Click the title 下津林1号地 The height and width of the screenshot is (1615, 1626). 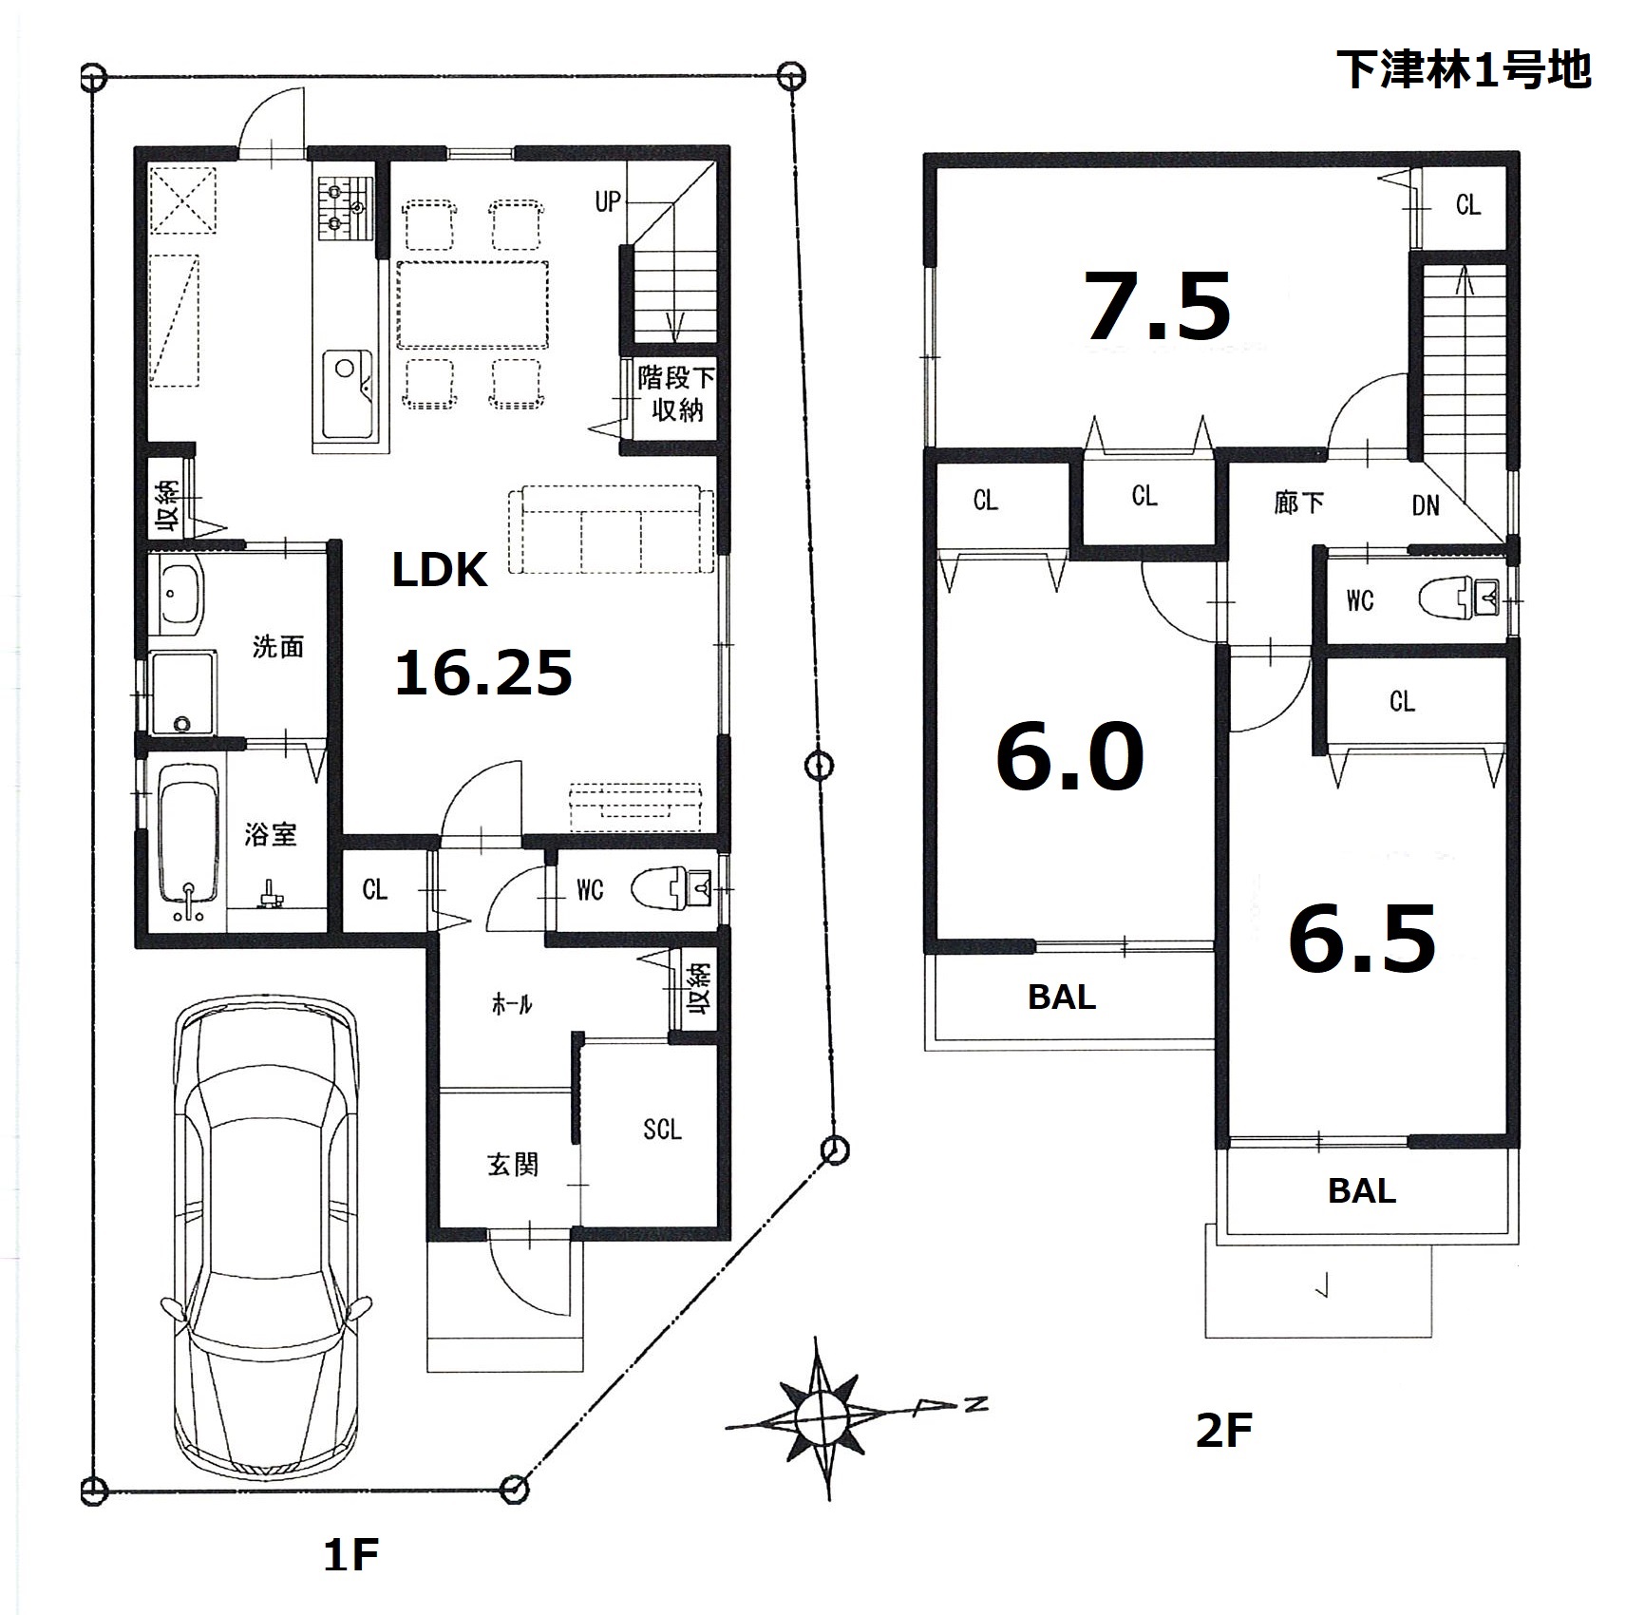coord(1464,69)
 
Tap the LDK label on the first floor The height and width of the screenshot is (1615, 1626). coord(440,570)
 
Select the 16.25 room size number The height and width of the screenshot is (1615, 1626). coord(483,673)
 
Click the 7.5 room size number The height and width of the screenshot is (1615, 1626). coord(1159,306)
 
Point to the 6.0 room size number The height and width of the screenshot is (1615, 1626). coord(1070,756)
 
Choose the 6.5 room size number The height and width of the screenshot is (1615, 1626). coord(1362,939)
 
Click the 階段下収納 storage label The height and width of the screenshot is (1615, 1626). coord(675,393)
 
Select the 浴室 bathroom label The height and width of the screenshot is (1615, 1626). coord(271,835)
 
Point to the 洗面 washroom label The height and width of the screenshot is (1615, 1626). coord(277,647)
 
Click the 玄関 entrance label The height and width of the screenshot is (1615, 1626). coord(513,1165)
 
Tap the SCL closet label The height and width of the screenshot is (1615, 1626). coord(662,1129)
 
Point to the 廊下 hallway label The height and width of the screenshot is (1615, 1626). coord(1298,502)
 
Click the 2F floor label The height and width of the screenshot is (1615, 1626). coord(1223,1457)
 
